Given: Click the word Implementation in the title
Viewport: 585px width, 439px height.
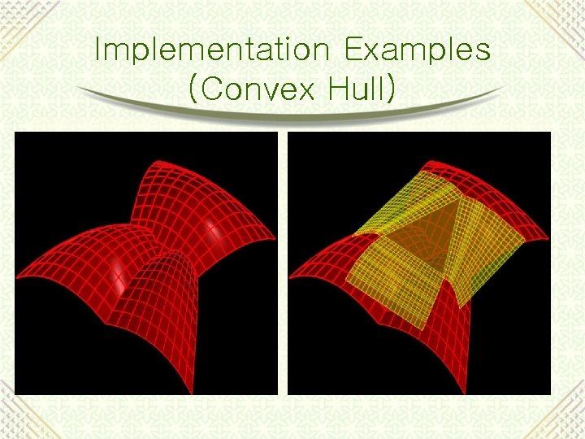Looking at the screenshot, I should click(212, 50).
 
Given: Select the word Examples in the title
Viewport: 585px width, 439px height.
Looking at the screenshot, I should click(418, 50).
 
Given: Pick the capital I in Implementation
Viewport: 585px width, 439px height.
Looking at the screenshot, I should click(98, 50).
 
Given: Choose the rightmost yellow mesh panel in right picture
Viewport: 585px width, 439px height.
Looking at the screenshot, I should click(483, 248).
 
